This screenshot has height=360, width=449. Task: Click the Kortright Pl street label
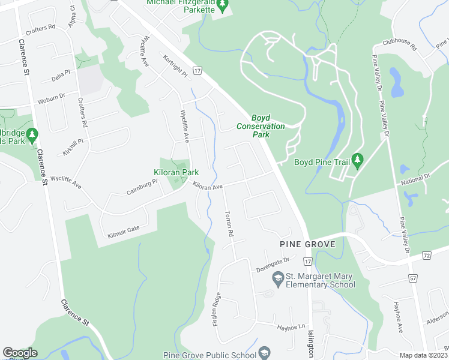176,66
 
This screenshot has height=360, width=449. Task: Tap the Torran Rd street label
228,223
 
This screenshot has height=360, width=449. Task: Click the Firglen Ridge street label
217,308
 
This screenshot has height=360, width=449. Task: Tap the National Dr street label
417,179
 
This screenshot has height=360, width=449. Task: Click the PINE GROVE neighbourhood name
306,244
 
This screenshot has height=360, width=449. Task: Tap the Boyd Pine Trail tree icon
358,159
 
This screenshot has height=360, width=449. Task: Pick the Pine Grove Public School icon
264,352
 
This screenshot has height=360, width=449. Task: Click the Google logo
20,353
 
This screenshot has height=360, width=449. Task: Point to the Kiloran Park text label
176,172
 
